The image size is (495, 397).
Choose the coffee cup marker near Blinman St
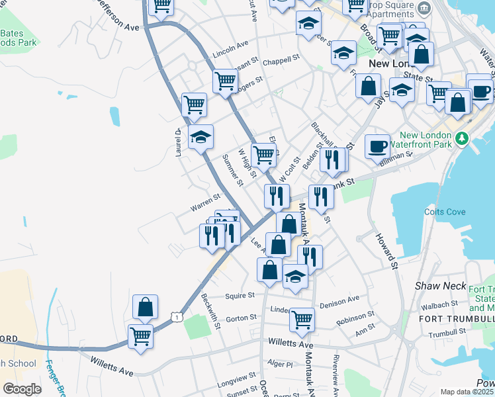[x=377, y=146]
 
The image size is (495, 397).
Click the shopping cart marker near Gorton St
[x=302, y=320]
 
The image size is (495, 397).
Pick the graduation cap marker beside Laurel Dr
[x=201, y=137]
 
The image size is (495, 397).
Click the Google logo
[x=22, y=389]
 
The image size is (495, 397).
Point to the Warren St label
[x=205, y=203]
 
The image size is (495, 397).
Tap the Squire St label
[x=240, y=296]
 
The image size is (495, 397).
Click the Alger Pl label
[x=279, y=364]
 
